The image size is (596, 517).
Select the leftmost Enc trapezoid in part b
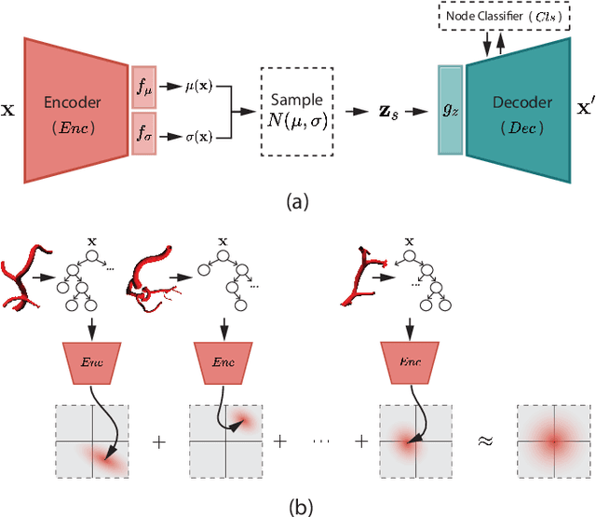tap(91, 359)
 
